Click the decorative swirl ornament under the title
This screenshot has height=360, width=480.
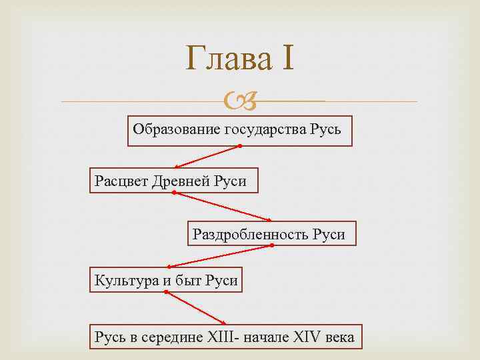[240, 102]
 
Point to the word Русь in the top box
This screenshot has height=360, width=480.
[326, 129]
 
